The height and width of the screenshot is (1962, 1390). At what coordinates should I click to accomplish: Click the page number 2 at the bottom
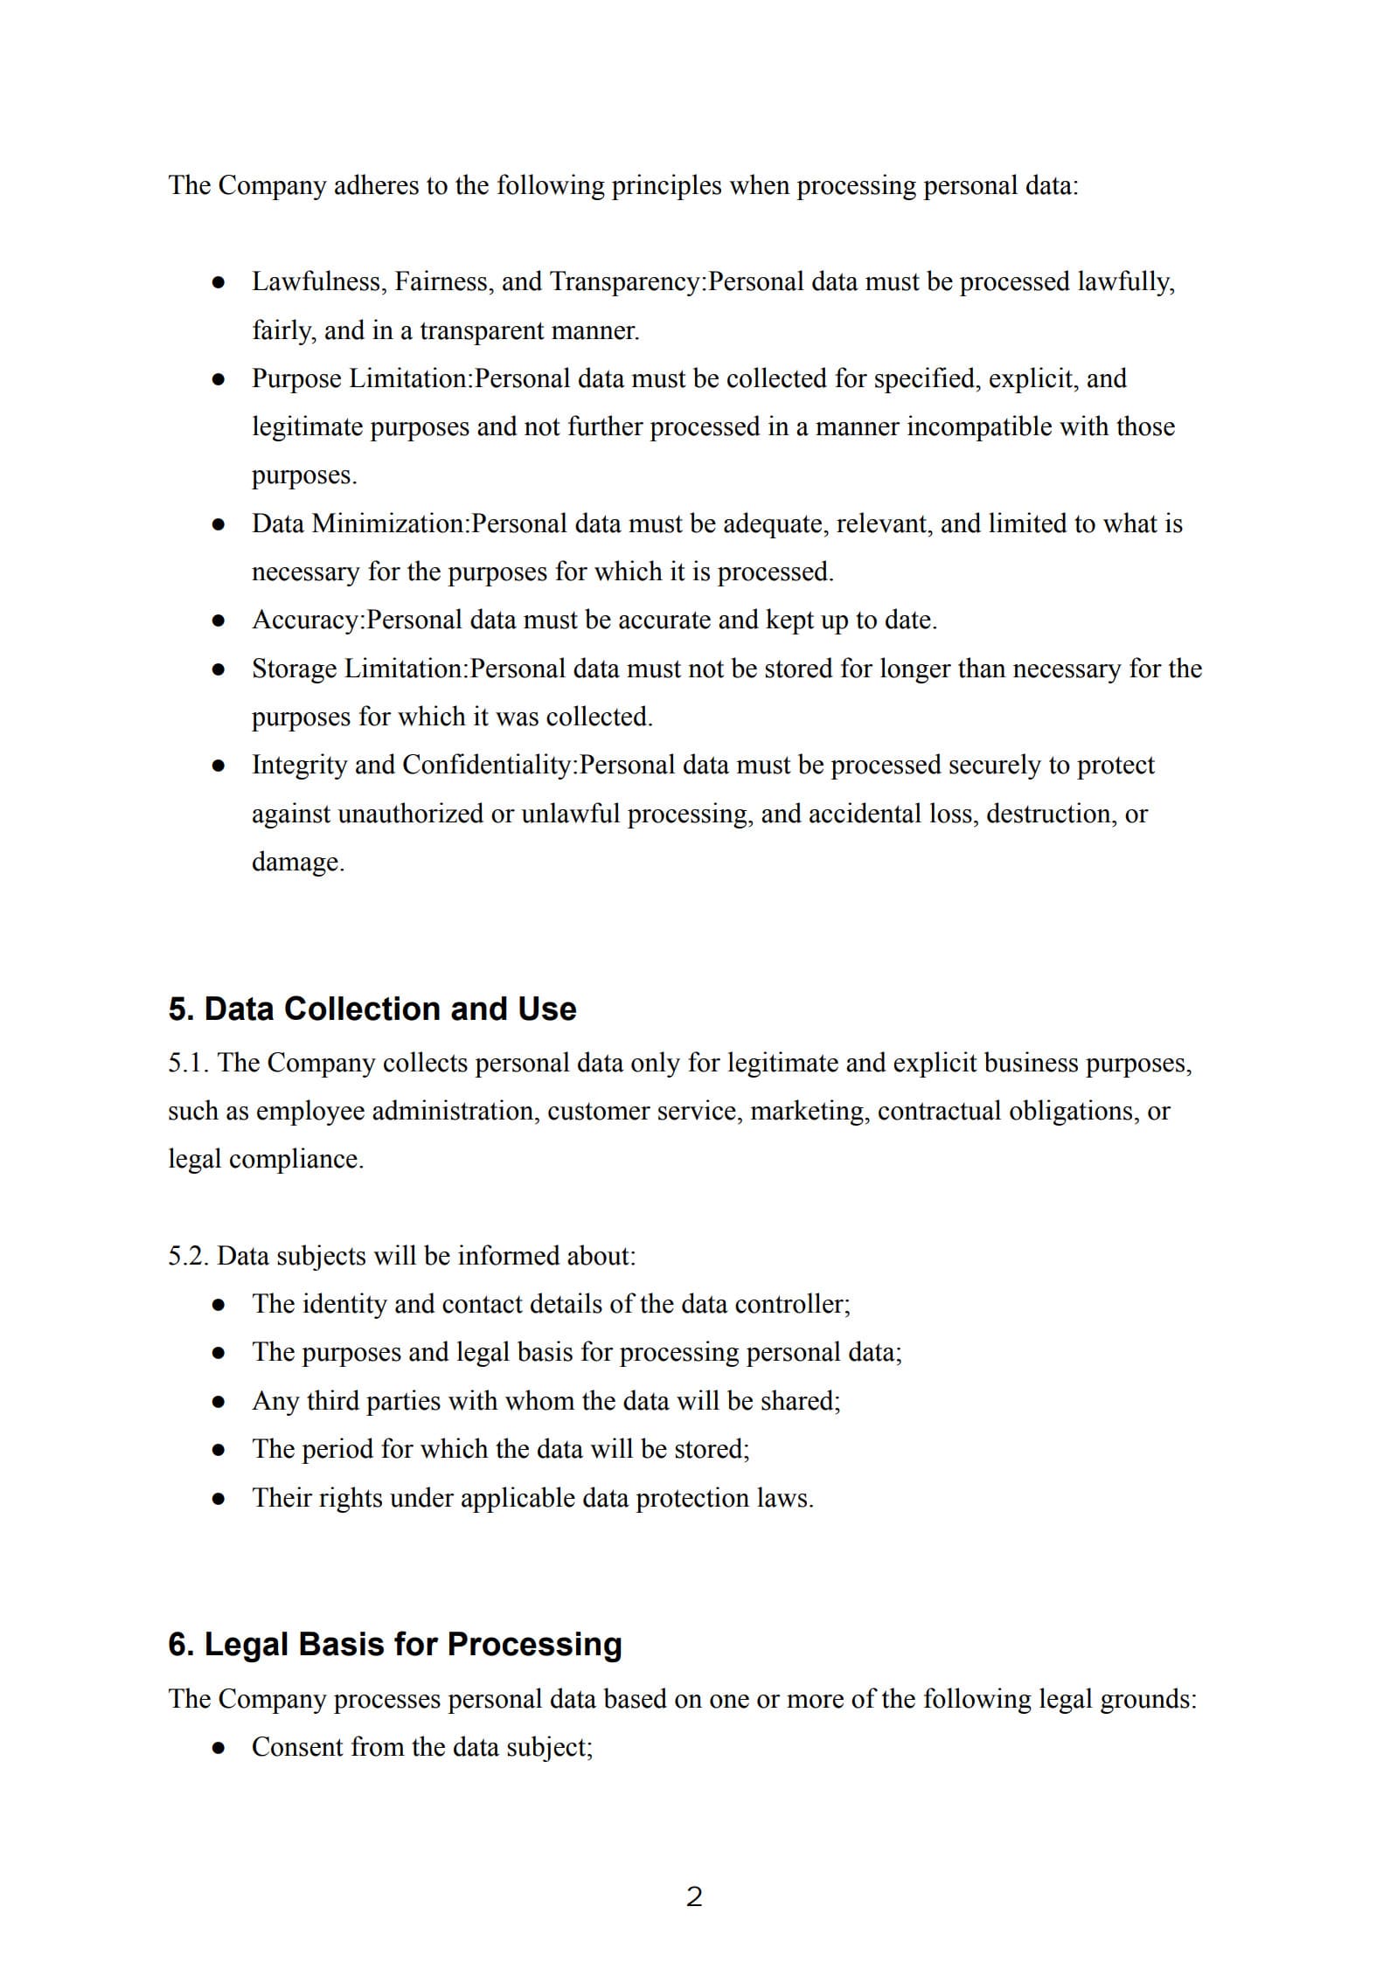click(694, 1897)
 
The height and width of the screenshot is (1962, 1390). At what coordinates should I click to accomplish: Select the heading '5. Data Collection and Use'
click(372, 1009)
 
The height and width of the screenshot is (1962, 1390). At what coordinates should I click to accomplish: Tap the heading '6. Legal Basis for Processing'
click(394, 1644)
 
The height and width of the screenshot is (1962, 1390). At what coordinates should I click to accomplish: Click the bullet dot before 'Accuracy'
click(219, 621)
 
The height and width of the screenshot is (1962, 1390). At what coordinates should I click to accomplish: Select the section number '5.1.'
click(189, 1063)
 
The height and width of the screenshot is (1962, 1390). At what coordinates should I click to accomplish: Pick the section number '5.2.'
click(189, 1256)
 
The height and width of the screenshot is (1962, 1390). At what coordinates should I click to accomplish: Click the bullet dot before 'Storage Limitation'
click(219, 669)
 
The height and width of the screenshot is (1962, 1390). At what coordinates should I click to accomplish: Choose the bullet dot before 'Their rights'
click(219, 1499)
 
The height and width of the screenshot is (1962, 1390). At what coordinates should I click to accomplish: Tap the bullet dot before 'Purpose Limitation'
click(219, 379)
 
